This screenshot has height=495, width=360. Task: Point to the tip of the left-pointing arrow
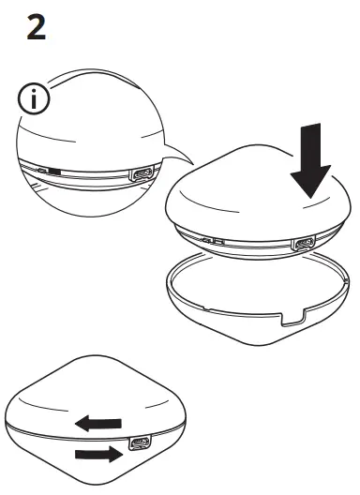78,423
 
